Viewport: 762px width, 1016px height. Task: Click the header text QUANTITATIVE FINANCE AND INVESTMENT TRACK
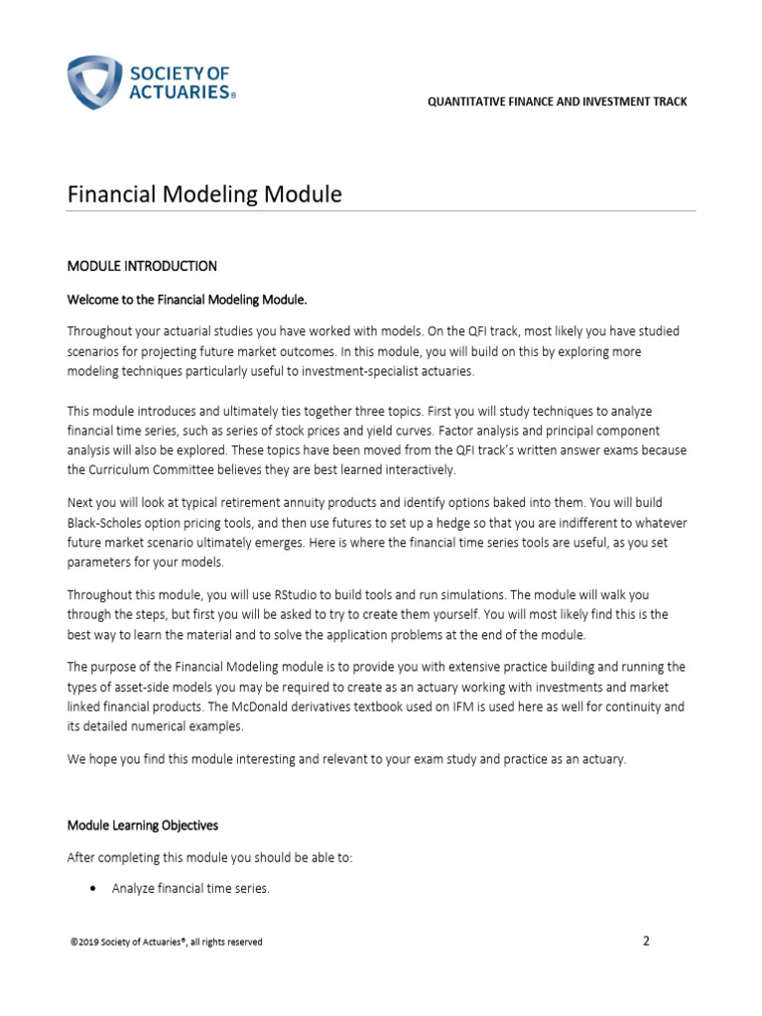point(557,102)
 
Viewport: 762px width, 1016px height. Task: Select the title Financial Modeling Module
point(204,194)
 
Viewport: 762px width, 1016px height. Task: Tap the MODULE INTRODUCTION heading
point(142,266)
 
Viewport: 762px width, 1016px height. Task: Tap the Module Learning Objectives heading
point(143,825)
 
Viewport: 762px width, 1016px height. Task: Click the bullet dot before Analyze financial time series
point(92,889)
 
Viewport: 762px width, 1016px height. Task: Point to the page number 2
point(646,941)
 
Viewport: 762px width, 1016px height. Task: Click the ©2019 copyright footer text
point(165,942)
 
